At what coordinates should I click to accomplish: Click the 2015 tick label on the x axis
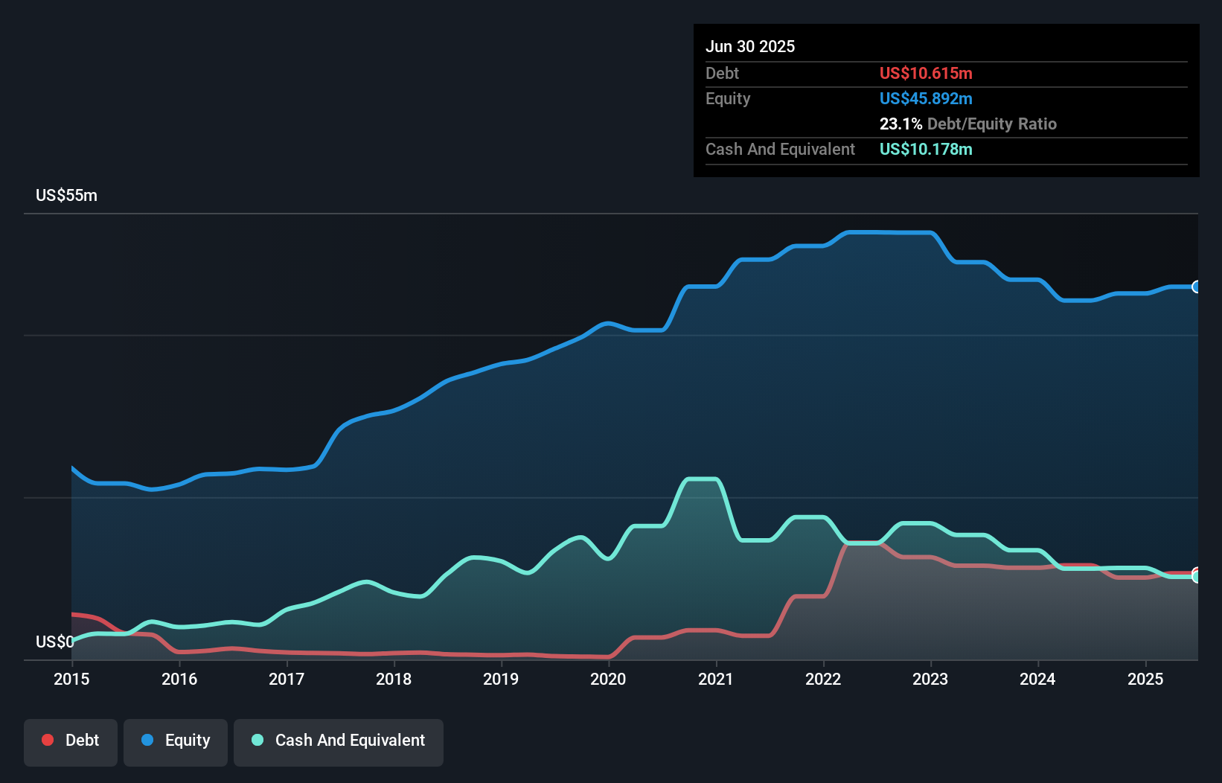(71, 679)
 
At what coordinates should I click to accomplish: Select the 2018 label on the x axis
(394, 679)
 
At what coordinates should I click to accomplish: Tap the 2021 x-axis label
(716, 679)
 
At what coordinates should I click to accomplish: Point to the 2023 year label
(930, 679)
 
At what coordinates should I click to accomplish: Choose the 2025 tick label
(1145, 679)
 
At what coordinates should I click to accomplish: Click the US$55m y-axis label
(66, 196)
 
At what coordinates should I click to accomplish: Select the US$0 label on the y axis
(54, 642)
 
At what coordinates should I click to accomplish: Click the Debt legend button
(71, 741)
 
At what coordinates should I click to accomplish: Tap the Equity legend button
(176, 741)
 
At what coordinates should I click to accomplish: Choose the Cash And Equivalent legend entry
(339, 741)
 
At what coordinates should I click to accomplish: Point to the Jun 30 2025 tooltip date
(750, 46)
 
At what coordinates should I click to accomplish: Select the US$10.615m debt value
(926, 73)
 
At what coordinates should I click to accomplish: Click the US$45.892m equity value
(926, 98)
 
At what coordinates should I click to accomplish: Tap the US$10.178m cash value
(926, 149)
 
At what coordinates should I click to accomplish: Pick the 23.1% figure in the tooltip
(900, 124)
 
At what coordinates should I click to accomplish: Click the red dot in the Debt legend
(48, 740)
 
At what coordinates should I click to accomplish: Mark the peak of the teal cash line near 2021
(701, 479)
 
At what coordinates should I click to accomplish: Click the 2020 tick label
(608, 679)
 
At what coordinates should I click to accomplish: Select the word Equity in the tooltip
(728, 98)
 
